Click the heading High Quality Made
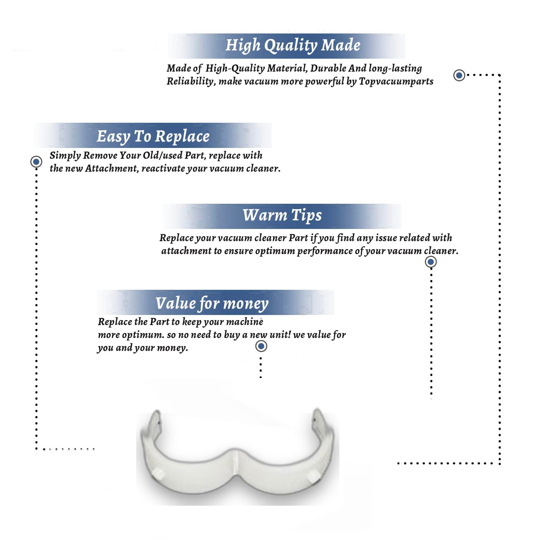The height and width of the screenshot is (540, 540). [293, 46]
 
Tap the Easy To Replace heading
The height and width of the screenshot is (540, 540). [153, 137]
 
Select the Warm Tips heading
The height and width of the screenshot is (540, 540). [282, 216]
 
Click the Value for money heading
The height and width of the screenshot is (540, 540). [212, 303]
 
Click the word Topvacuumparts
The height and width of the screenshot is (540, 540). [396, 82]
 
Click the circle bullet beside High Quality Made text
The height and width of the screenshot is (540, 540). [459, 75]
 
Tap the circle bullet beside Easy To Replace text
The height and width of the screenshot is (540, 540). [36, 162]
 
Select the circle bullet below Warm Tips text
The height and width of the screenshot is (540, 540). [431, 262]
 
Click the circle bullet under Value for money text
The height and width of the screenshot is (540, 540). [261, 346]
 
